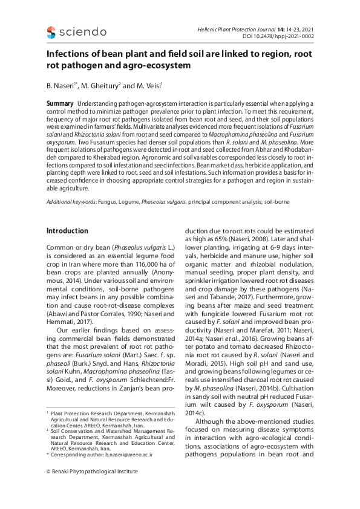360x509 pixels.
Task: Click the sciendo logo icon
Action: coord(51,32)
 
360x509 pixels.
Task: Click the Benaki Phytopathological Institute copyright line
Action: coord(92,471)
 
